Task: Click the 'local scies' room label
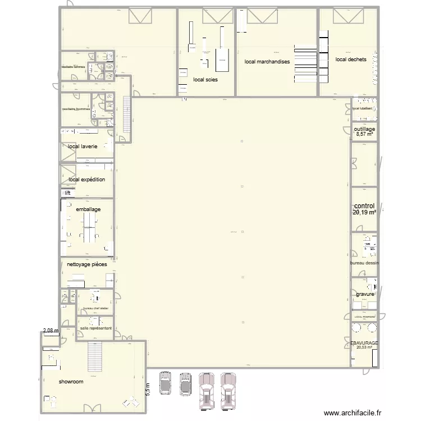[x=205, y=80]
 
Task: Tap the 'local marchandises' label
[x=267, y=62]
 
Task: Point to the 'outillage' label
[x=364, y=129]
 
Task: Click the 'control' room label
[x=364, y=206]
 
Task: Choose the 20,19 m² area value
[x=364, y=213]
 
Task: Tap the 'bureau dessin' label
[x=364, y=263]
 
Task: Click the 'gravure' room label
[x=364, y=294]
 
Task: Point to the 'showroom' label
[x=71, y=382]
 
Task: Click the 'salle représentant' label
[x=96, y=328]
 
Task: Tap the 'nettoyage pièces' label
[x=86, y=264]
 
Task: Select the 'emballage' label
[x=88, y=209]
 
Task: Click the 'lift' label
[x=67, y=193]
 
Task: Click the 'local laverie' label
[x=83, y=147]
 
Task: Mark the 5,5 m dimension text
[x=148, y=390]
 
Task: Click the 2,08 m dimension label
[x=51, y=331]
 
